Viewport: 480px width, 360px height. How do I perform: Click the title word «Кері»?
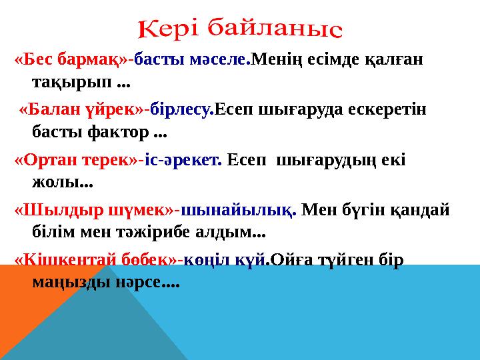pyautogui.click(x=168, y=29)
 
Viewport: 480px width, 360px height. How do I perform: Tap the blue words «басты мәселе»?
pyautogui.click(x=191, y=61)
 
